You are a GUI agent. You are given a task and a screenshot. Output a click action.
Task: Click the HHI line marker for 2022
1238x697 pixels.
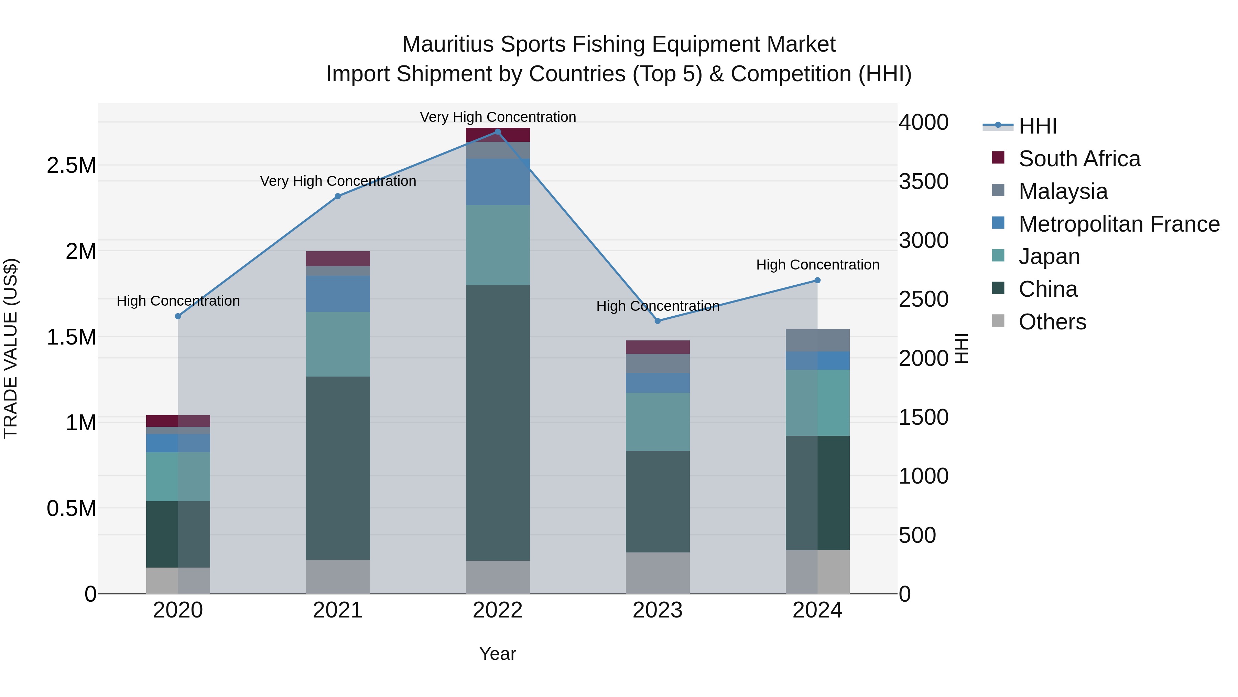pyautogui.click(x=497, y=132)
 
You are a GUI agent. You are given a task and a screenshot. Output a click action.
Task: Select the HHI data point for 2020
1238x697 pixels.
pyautogui.click(x=178, y=316)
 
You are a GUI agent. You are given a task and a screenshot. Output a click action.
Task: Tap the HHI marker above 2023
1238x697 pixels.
pyautogui.click(x=658, y=321)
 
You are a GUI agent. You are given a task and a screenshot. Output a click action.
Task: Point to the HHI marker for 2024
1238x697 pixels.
pyautogui.click(x=817, y=281)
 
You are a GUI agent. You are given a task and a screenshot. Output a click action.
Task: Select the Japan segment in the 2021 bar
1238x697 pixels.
pyautogui.click(x=338, y=344)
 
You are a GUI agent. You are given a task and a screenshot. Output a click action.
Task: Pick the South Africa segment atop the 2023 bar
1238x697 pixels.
pyautogui.click(x=658, y=347)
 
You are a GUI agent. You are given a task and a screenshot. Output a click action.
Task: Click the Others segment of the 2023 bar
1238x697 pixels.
pyautogui.click(x=658, y=572)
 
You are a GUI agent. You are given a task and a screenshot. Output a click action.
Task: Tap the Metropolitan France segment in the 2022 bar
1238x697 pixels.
pyautogui.click(x=497, y=182)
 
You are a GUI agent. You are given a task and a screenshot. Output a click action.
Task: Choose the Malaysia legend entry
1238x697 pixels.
pyautogui.click(x=1063, y=191)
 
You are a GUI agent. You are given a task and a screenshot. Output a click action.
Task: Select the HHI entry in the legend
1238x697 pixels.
pyautogui.click(x=1037, y=126)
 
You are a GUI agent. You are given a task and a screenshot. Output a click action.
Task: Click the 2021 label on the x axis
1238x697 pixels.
pyautogui.click(x=338, y=610)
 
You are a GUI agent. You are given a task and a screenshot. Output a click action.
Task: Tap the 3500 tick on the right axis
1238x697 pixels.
pyautogui.click(x=923, y=181)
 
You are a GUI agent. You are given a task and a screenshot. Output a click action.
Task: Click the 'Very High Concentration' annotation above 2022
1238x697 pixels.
pyautogui.click(x=497, y=117)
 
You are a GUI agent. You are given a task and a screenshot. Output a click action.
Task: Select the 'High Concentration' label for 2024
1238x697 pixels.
pyautogui.click(x=817, y=265)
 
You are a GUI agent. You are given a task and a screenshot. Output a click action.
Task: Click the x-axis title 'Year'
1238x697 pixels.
pyautogui.click(x=497, y=654)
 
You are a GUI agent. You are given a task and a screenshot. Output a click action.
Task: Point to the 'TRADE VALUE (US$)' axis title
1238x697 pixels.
pyautogui.click(x=11, y=348)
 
